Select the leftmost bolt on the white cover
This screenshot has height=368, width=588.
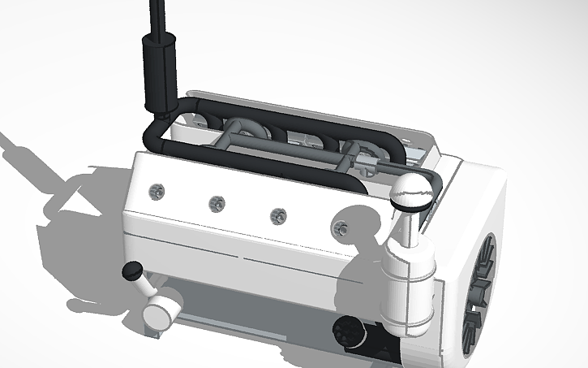coord(157,191)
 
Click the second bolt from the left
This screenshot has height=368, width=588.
coord(216,203)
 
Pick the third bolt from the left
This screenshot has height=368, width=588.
coord(278,215)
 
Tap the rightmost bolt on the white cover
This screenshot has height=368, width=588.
coord(343,229)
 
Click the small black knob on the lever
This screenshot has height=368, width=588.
coord(130,271)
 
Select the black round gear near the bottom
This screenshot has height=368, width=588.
coord(350,331)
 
